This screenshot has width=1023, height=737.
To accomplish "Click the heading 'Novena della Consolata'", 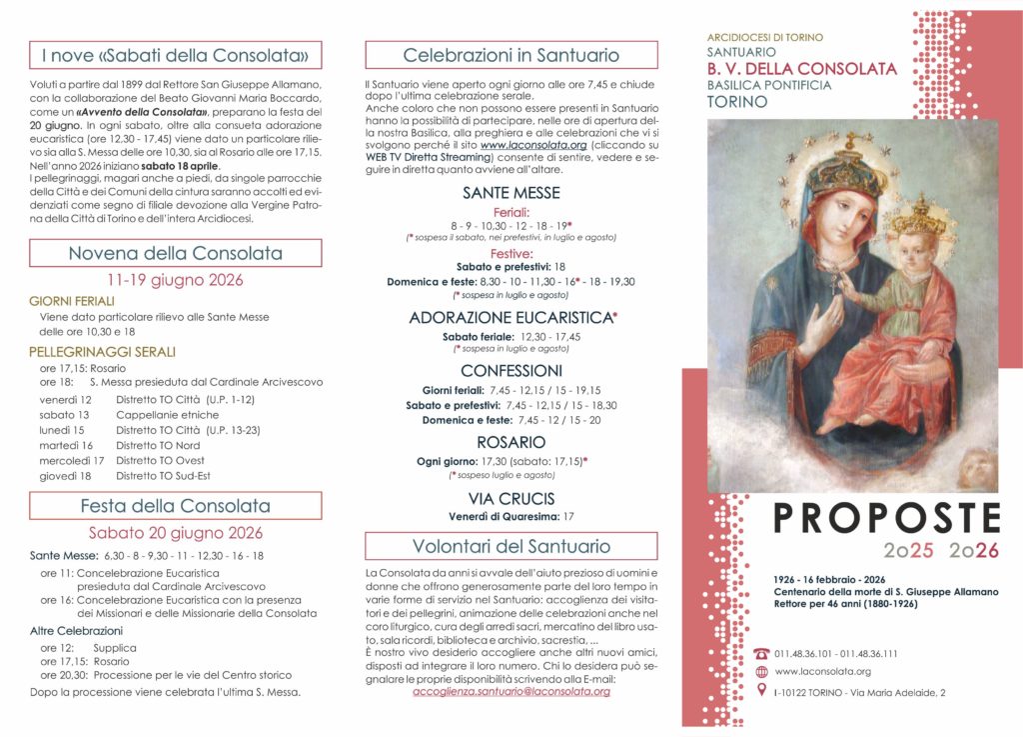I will click(176, 253).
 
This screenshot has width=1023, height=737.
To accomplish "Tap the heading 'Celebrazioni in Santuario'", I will click(511, 55).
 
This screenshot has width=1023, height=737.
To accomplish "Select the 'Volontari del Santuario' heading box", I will click(511, 546).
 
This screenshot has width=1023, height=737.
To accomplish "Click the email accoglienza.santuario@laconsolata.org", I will click(511, 691).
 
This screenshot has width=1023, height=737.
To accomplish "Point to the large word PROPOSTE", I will click(887, 518).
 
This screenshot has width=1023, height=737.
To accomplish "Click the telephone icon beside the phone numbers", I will click(762, 654).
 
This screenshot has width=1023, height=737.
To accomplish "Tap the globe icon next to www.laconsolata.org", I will click(762, 672).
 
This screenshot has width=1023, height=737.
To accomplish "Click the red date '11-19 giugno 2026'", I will click(176, 280).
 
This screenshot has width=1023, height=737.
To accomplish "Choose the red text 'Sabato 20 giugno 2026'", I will click(176, 533).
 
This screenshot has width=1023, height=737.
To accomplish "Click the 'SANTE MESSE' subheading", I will click(511, 193).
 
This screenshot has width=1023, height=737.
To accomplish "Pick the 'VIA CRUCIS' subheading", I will click(511, 498).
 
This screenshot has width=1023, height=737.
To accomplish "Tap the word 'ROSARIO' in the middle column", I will click(511, 442).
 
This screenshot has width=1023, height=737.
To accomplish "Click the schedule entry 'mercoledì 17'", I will click(72, 461).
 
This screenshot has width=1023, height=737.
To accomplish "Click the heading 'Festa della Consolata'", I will click(176, 506).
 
